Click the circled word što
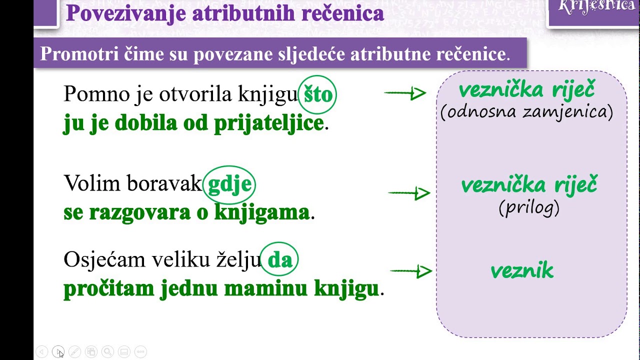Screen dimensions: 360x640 click(x=318, y=94)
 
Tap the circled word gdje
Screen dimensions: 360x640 click(x=229, y=184)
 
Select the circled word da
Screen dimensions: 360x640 click(x=280, y=259)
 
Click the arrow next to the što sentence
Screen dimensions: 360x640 click(x=405, y=93)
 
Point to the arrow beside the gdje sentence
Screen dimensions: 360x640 click(x=409, y=193)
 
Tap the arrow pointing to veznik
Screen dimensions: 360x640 click(x=410, y=271)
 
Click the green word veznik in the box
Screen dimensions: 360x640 click(x=522, y=271)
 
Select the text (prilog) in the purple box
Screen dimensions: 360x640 click(x=529, y=207)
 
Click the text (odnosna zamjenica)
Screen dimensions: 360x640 click(x=526, y=112)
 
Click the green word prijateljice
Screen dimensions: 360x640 click(x=269, y=123)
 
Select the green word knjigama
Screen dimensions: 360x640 click(x=262, y=212)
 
